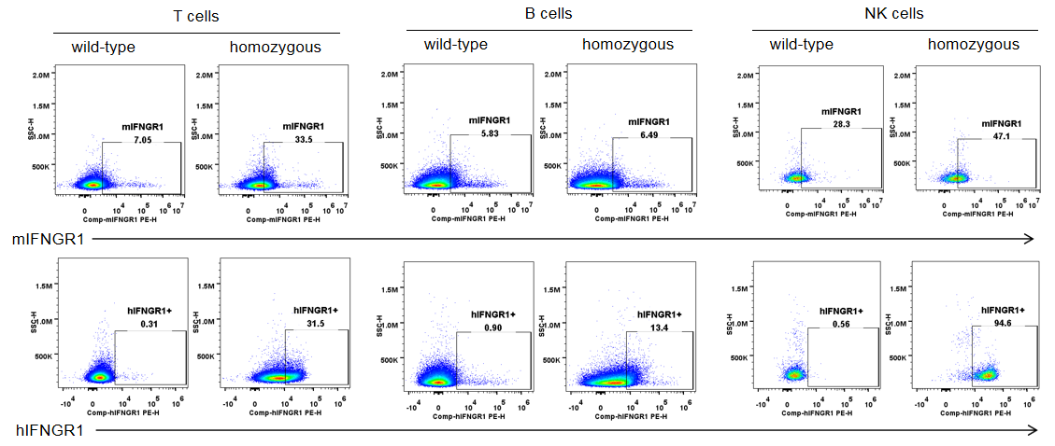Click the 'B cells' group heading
pyautogui.click(x=549, y=14)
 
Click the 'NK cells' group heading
pyautogui.click(x=894, y=14)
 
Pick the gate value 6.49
pyautogui.click(x=649, y=134)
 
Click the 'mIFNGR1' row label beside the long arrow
pyautogui.click(x=48, y=240)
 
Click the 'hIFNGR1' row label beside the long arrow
pyautogui.click(x=49, y=430)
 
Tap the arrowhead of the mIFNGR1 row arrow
pyautogui.click(x=1029, y=240)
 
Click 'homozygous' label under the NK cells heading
pyautogui.click(x=974, y=45)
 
